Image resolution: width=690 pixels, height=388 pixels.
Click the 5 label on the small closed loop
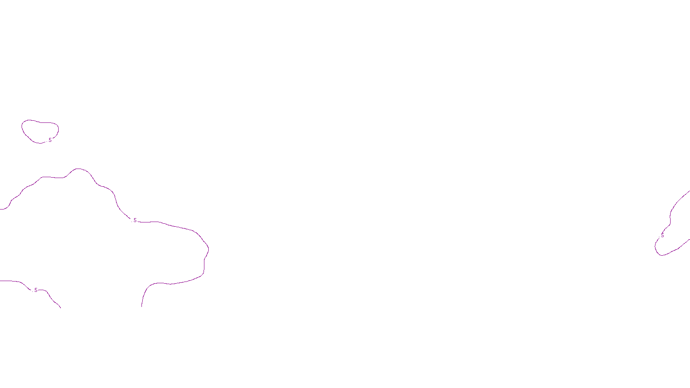pos(50,140)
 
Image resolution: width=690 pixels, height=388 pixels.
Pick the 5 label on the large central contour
pos(135,220)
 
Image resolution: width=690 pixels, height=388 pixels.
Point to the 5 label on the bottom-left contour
pos(36,290)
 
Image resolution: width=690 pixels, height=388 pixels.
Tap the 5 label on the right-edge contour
pos(662,235)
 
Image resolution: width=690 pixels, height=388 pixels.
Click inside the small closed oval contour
pos(40,131)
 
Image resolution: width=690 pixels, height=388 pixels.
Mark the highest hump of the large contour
pos(79,169)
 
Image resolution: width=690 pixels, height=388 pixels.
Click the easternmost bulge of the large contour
pos(208,248)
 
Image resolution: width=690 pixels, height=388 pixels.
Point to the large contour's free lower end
pos(142,307)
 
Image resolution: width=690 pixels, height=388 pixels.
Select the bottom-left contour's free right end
pos(61,308)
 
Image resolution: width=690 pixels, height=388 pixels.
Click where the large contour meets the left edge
pos(1,209)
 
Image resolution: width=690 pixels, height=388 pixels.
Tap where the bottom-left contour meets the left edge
pos(1,281)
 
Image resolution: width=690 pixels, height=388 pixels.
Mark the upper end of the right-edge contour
pos(689,191)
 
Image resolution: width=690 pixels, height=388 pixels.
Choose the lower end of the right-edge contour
pos(689,240)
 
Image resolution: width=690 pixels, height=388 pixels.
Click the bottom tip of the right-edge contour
pos(660,255)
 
